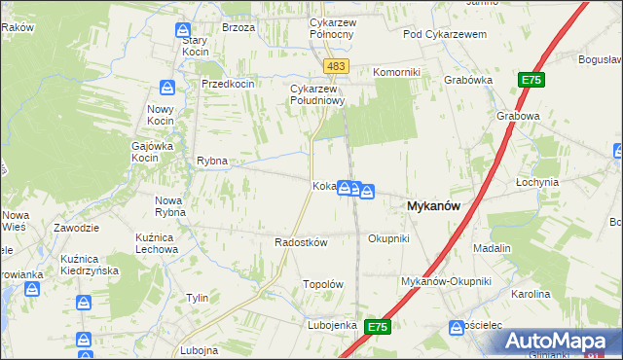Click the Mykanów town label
coord(432,205)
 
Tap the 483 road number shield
coord(336,66)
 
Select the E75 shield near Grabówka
coord(531,81)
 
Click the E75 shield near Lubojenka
coord(379,329)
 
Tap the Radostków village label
coord(301,242)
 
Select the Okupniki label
coord(388,238)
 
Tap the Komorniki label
coord(396,72)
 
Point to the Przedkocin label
coord(228,84)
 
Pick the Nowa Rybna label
coord(169,206)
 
